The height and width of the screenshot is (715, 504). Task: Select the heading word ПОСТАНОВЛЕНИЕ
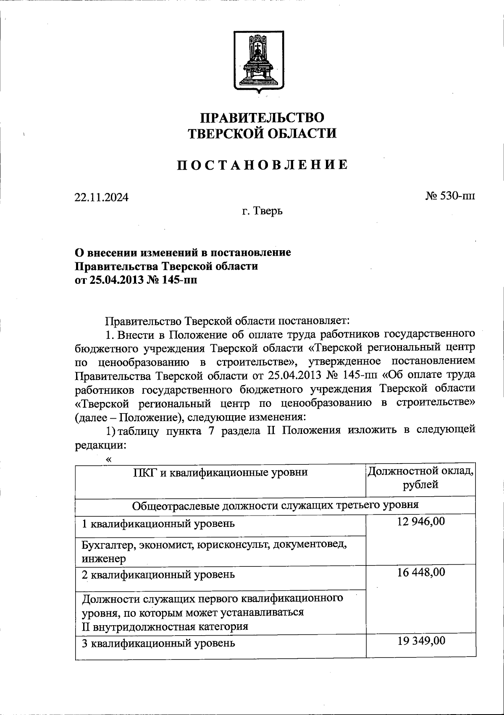tap(262, 165)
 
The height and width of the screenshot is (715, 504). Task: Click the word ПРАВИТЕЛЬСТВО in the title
tap(262, 117)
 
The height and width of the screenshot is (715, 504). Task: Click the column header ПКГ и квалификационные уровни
tap(220, 472)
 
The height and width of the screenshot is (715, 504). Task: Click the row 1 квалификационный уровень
tap(158, 524)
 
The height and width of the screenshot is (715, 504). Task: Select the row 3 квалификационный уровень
tap(158, 643)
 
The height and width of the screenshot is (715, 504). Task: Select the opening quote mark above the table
tap(109, 460)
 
